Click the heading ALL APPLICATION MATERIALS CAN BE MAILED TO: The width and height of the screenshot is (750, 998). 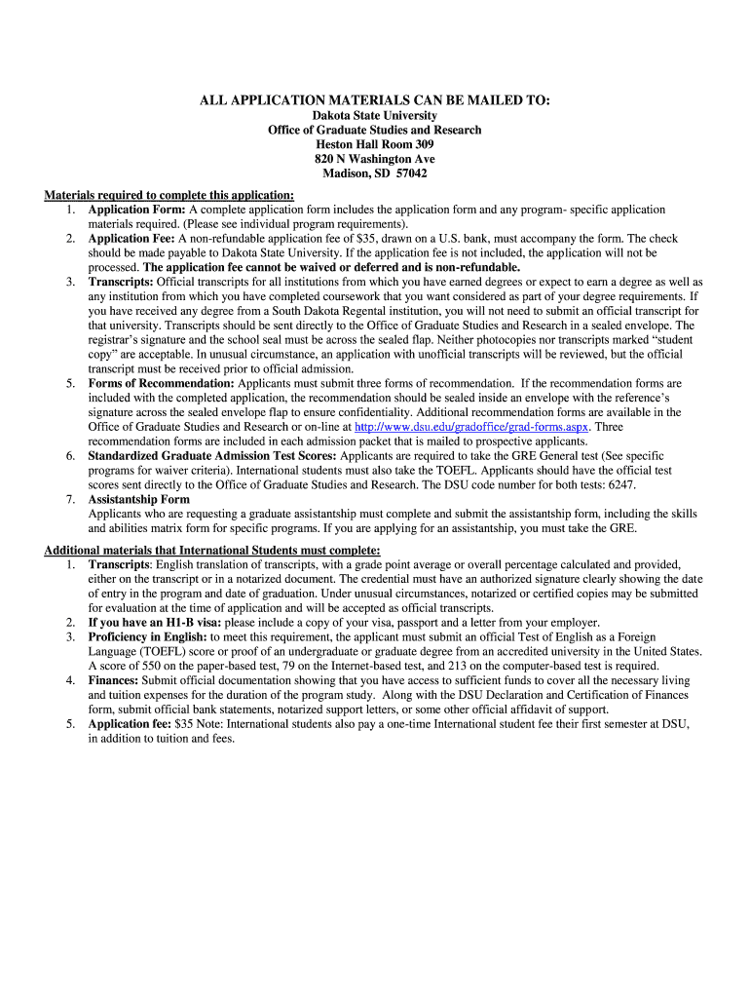[375, 99]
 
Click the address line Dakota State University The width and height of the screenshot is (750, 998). [375, 115]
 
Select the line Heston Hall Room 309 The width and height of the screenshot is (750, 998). [375, 144]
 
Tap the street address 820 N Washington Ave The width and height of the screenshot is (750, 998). [375, 159]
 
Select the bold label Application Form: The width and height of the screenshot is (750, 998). [136, 210]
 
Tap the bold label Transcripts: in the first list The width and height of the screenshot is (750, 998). [121, 282]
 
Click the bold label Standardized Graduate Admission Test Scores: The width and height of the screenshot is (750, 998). [211, 455]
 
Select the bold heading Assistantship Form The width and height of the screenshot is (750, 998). [139, 499]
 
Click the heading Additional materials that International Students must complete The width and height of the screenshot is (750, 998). [211, 550]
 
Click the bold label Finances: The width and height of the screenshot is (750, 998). [113, 680]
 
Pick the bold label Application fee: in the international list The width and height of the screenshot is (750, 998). [130, 724]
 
